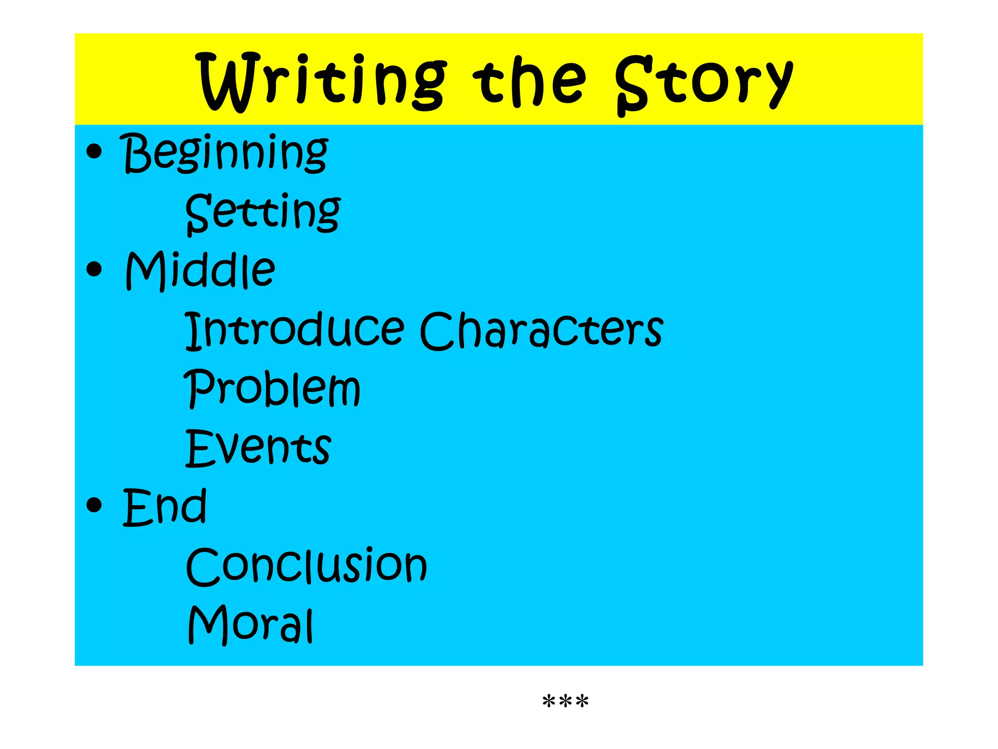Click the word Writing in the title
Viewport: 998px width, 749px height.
(x=322, y=80)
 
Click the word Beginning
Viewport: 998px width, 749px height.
(x=225, y=153)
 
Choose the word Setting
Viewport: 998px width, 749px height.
(x=263, y=213)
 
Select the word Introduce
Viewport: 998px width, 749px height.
(x=294, y=330)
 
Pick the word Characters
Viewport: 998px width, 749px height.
(x=541, y=330)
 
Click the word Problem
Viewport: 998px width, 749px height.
(x=272, y=389)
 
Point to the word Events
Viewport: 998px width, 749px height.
(x=258, y=448)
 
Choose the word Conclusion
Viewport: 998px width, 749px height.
(x=307, y=566)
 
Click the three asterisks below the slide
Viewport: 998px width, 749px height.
(x=565, y=702)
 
